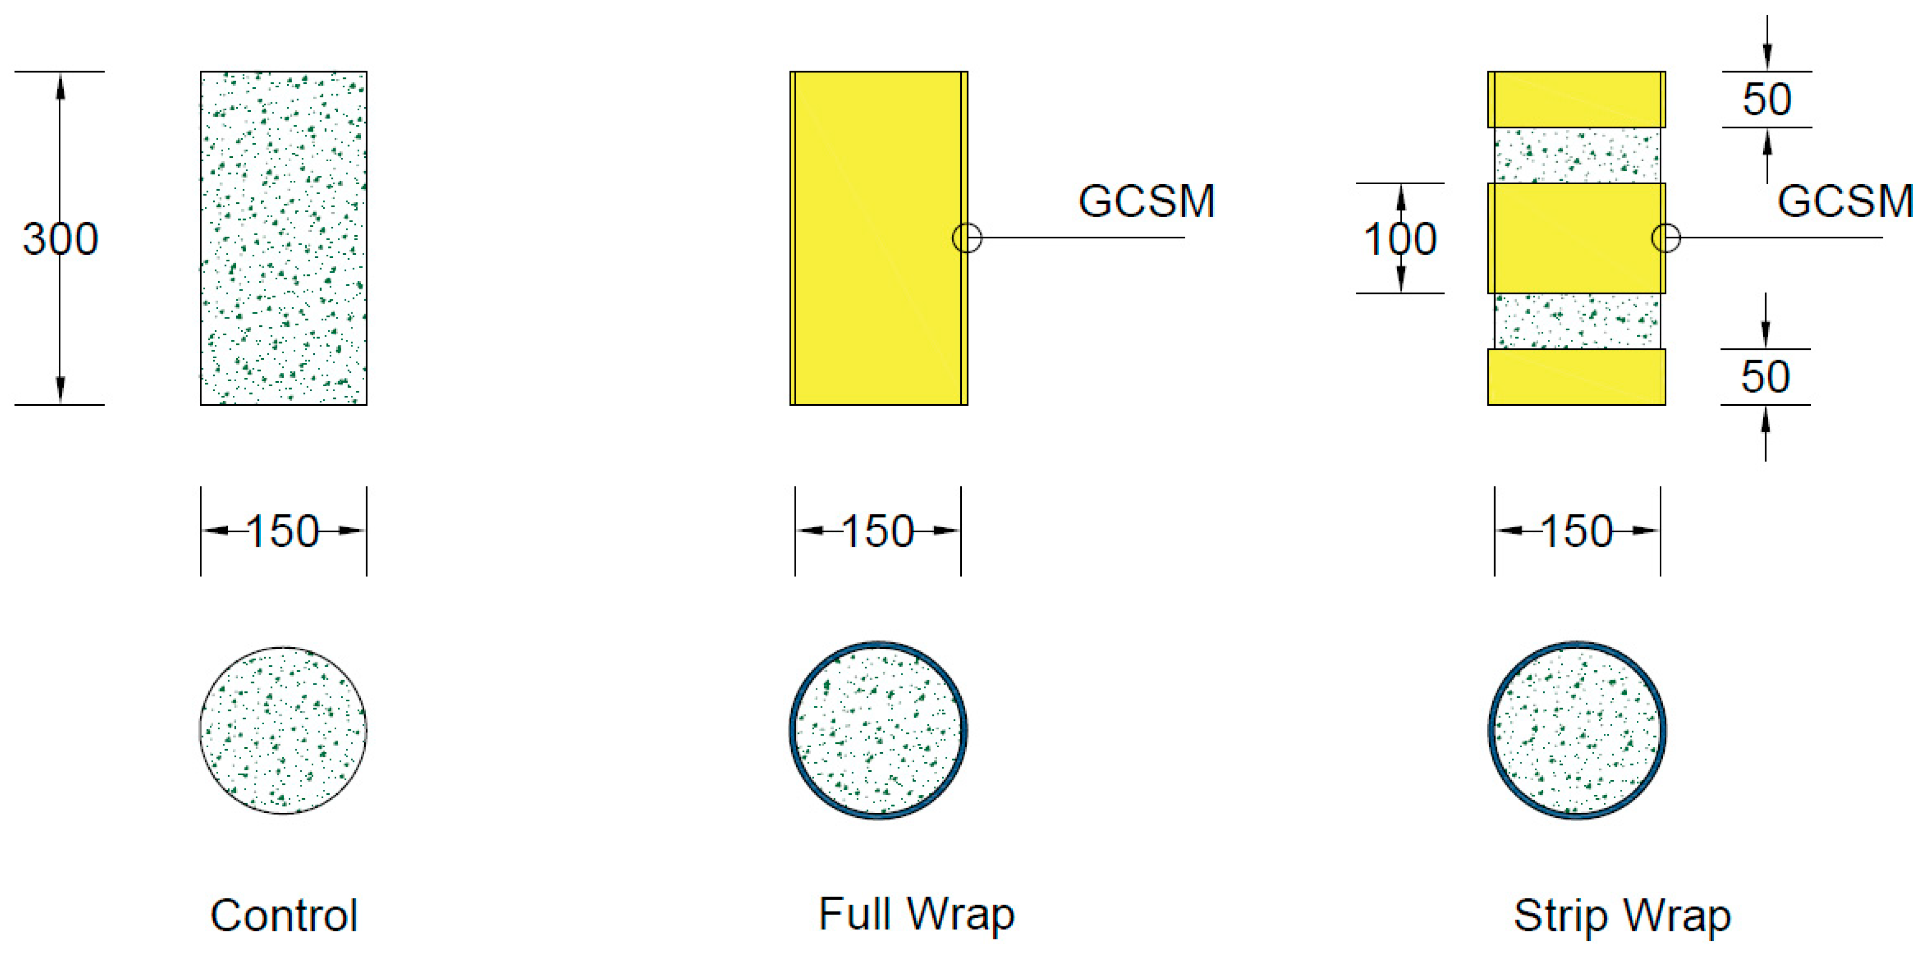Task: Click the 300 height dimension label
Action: pos(60,239)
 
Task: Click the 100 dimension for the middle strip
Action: pos(1399,239)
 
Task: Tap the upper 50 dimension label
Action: pos(1767,99)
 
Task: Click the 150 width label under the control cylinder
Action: pos(283,532)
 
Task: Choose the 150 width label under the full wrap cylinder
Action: pos(877,532)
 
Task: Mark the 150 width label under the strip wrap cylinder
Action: pos(1576,532)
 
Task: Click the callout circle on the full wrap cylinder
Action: pos(967,238)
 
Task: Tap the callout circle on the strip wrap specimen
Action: pos(1666,238)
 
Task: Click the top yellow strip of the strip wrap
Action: pos(1576,99)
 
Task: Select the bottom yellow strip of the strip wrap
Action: pos(1576,377)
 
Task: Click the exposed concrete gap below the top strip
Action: pos(1576,155)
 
